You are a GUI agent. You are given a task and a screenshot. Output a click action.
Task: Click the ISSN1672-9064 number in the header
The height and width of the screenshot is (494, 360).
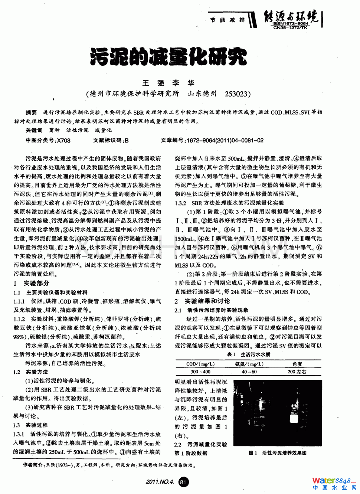point(290,24)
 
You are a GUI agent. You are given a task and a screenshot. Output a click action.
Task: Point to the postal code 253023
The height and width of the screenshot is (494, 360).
point(236,94)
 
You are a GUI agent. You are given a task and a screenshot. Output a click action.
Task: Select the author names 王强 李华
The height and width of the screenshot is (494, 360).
point(168,83)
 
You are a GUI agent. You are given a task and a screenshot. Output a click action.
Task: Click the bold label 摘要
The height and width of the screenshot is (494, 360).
point(31,112)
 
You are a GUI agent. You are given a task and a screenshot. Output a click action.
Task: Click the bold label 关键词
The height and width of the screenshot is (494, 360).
point(34,130)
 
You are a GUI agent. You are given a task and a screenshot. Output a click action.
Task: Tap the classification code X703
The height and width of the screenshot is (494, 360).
point(63,140)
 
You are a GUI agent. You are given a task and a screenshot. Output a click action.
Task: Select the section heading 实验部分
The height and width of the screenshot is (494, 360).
point(36,283)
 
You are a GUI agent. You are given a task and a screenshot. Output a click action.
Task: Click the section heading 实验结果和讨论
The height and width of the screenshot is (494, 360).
point(207,301)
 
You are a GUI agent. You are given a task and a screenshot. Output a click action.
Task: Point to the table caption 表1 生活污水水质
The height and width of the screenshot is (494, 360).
point(249,354)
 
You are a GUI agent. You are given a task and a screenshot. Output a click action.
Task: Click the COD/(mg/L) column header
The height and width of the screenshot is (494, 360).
point(200,364)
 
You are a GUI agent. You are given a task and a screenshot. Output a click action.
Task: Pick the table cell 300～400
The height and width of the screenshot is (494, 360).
point(200,372)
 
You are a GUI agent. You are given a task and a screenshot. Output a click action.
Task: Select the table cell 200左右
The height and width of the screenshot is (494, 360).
point(297,372)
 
